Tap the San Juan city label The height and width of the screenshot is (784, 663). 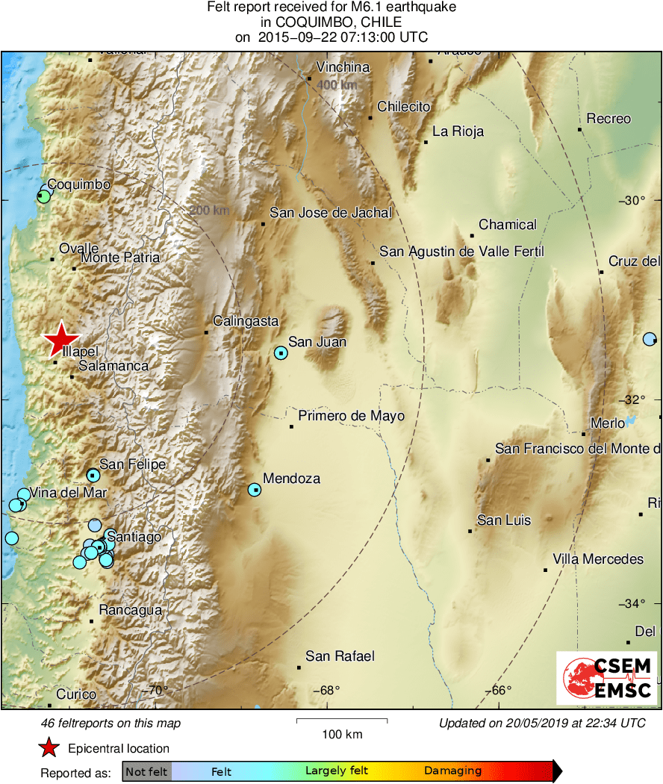(317, 342)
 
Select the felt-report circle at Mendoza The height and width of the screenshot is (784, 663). (255, 490)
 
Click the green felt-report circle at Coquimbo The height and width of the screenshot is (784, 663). (44, 196)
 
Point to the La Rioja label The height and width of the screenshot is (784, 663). (458, 131)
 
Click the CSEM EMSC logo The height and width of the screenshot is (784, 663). (608, 678)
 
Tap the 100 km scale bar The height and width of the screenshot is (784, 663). (342, 721)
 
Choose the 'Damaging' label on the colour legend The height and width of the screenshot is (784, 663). (452, 771)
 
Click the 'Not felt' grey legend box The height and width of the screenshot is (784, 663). (146, 771)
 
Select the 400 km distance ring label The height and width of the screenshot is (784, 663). (337, 85)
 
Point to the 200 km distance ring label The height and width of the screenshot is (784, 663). (210, 211)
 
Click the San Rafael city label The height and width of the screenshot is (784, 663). (340, 656)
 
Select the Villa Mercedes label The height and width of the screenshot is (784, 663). (597, 559)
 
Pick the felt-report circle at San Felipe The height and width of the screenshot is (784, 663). (93, 475)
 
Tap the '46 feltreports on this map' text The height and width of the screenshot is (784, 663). (111, 723)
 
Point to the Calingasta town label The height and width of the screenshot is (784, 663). (245, 321)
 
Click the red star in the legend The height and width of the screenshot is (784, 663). (49, 747)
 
